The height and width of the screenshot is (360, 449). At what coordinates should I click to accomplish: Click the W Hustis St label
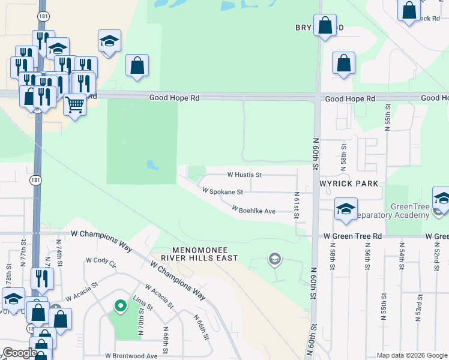(x=244, y=175)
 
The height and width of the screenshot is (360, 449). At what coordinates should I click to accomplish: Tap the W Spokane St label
(x=223, y=192)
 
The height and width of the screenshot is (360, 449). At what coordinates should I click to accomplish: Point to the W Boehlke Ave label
(x=254, y=211)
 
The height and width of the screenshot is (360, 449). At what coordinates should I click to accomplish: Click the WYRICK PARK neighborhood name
(x=349, y=183)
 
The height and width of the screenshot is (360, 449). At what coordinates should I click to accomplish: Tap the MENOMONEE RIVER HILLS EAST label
(x=205, y=253)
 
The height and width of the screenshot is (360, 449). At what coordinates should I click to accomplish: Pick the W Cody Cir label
(x=101, y=260)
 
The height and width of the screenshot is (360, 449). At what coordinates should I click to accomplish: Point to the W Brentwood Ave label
(x=131, y=356)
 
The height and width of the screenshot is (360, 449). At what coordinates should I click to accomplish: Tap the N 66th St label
(x=202, y=327)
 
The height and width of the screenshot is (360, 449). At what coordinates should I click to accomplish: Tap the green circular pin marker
(x=120, y=306)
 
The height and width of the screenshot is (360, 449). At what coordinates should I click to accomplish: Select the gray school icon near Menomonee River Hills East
(x=275, y=259)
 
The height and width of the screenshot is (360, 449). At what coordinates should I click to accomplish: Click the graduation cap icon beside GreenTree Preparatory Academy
(x=346, y=209)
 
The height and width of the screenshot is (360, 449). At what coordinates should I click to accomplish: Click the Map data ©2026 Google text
(x=412, y=355)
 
